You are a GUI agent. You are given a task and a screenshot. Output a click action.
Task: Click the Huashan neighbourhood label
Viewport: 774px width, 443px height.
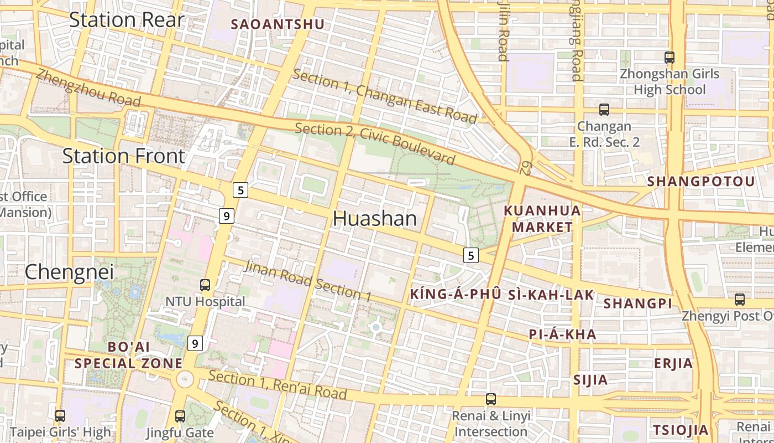[x=375, y=219]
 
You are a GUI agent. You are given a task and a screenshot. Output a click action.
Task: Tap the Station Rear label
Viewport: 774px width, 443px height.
[x=126, y=20]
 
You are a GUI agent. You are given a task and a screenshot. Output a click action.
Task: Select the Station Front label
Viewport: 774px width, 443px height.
[x=123, y=156]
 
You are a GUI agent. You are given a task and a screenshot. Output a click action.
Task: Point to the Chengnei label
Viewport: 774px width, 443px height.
[x=69, y=271]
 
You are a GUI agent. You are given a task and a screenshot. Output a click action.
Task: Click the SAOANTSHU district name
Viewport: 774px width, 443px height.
[x=278, y=24]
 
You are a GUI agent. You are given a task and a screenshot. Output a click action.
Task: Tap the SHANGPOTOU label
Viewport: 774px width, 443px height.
[x=701, y=182]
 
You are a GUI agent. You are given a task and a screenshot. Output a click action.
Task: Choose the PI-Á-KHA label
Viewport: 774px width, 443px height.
[x=563, y=334]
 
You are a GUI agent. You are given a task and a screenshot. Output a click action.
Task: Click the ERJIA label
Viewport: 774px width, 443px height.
[x=673, y=363]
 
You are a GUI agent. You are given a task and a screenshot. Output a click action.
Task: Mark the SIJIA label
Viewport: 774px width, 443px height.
[x=590, y=380]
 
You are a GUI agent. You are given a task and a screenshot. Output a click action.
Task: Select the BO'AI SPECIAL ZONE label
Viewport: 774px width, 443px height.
[x=129, y=355]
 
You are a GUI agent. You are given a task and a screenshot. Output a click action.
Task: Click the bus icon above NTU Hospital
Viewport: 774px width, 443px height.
[x=205, y=285]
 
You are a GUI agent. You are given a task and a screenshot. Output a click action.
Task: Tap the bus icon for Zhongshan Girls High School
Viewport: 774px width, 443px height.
[x=670, y=57]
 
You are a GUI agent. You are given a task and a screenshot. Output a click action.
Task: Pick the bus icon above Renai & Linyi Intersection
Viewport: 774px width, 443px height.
[x=491, y=399]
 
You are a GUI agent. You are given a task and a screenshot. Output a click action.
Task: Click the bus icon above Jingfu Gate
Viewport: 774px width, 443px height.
[x=180, y=416]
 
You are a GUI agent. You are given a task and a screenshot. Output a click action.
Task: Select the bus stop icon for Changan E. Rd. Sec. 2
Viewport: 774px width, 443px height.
[x=604, y=110]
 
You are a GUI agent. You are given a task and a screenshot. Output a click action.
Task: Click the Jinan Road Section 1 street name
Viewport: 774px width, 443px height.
[x=307, y=281]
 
